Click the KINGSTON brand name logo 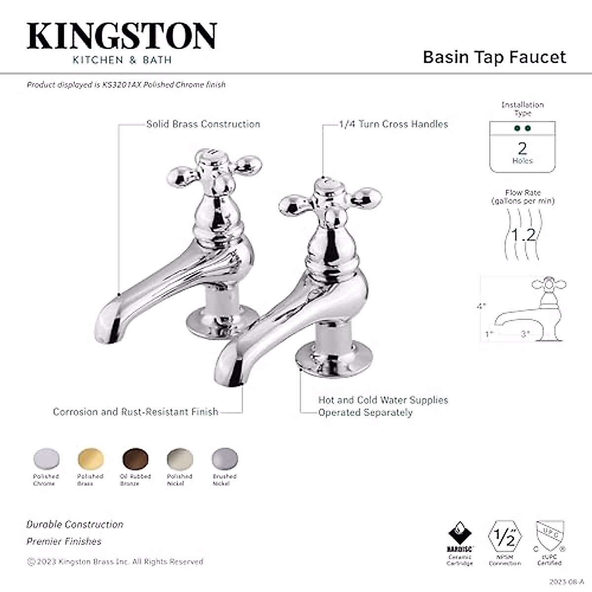click(121, 36)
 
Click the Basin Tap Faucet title click(494, 57)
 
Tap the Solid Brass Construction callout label click(203, 124)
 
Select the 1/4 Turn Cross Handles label click(393, 124)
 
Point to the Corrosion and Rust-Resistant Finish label click(136, 411)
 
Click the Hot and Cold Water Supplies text click(383, 400)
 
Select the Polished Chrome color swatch click(46, 459)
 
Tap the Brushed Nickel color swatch click(224, 459)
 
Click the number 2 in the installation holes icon click(522, 148)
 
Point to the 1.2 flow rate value click(523, 235)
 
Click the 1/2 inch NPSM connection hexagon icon click(505, 538)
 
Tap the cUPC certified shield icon click(550, 537)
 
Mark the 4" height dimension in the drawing click(481, 306)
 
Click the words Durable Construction click(75, 524)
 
